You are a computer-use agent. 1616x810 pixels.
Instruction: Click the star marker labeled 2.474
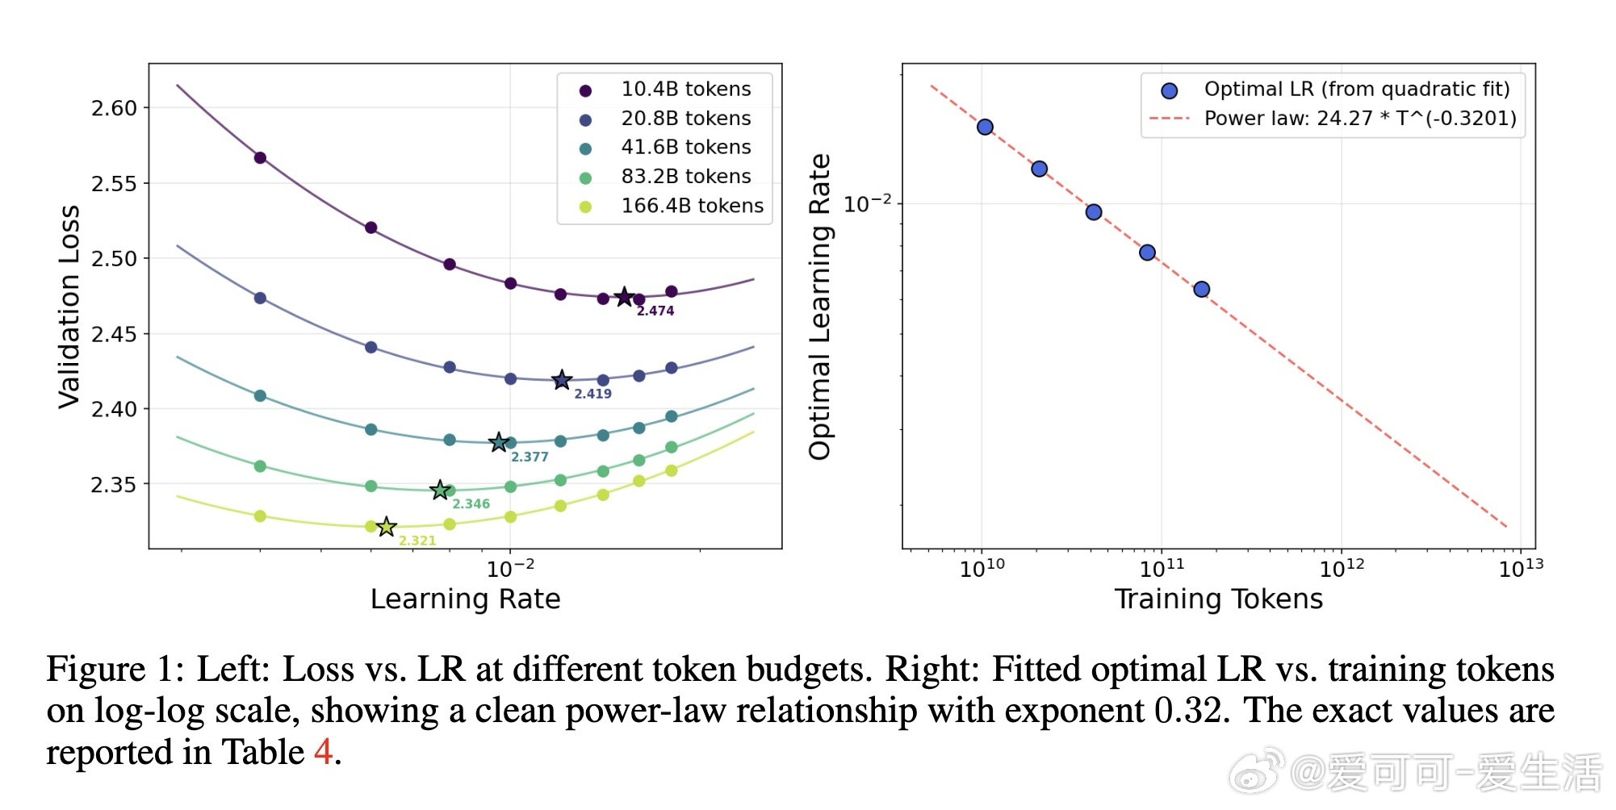(x=624, y=297)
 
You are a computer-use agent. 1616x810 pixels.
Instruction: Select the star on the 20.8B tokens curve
(x=562, y=380)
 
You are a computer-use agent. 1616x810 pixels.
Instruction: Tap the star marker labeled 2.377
(x=499, y=442)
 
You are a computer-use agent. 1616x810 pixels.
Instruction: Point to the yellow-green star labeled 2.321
(x=387, y=527)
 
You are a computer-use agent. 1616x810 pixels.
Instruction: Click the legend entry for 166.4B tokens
(x=692, y=206)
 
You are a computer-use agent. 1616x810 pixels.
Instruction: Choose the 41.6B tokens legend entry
(x=685, y=147)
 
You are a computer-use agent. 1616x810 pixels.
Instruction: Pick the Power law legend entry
(x=1360, y=119)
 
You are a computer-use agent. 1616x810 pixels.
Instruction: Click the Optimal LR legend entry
(x=1356, y=89)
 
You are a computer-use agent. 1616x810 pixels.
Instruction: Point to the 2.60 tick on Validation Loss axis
(x=114, y=108)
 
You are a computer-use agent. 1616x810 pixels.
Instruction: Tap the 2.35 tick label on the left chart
(x=114, y=485)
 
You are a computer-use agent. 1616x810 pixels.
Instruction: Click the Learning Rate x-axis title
(x=465, y=599)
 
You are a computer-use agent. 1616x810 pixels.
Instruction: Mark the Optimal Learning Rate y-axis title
(x=820, y=307)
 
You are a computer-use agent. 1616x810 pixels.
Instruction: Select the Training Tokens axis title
(x=1218, y=599)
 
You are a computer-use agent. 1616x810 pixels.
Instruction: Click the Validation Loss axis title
(x=69, y=307)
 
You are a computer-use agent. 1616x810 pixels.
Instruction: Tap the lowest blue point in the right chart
(x=1201, y=290)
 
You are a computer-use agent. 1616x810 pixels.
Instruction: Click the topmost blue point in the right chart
(x=985, y=127)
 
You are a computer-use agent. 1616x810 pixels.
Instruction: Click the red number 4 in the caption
(x=323, y=752)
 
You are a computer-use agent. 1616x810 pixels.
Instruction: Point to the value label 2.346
(x=471, y=504)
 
